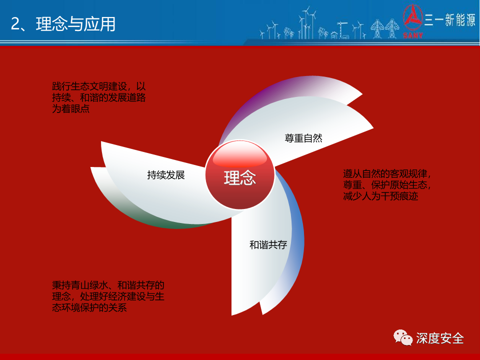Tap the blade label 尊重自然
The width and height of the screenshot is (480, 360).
(303, 138)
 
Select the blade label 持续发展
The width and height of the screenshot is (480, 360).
(166, 175)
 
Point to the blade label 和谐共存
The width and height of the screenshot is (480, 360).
(268, 245)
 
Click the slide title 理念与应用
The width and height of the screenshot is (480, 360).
(75, 24)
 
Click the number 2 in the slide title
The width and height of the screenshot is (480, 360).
(15, 24)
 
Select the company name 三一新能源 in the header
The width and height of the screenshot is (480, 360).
(450, 20)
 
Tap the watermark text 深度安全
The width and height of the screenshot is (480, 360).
(440, 338)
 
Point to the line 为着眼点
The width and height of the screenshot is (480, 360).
(71, 109)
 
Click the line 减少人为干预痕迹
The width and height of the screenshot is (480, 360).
(380, 196)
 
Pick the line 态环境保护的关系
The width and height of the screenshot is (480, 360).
(89, 308)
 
